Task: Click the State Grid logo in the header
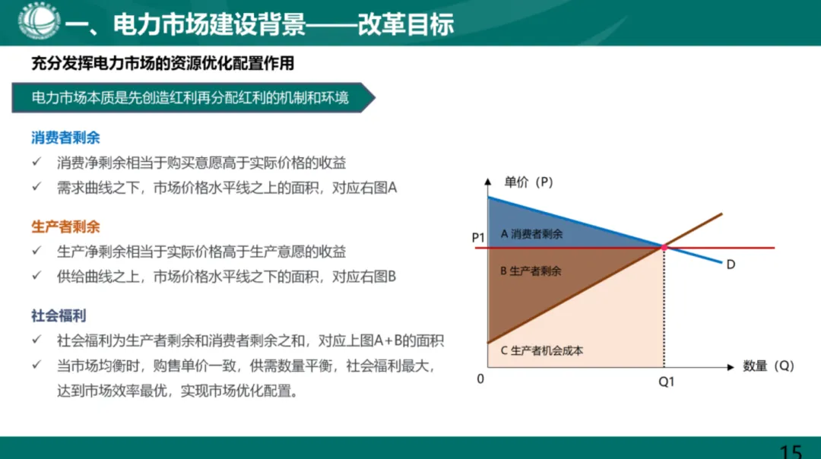tap(39, 22)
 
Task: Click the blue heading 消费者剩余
tap(65, 138)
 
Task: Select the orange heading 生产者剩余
tap(65, 226)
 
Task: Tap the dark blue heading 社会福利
tap(59, 315)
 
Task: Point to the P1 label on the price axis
tap(477, 238)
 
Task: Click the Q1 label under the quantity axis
tap(666, 382)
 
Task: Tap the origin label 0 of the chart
tap(480, 378)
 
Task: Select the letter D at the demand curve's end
tap(731, 264)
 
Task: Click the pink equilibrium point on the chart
tap(664, 248)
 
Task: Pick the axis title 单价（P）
tap(528, 182)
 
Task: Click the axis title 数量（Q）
tap(768, 366)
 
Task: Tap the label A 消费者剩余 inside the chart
tap(532, 234)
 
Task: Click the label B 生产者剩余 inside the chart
tap(531, 271)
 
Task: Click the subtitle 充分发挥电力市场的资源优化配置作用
tap(163, 64)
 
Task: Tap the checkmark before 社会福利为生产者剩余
tap(36, 341)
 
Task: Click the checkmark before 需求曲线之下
tap(36, 187)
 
